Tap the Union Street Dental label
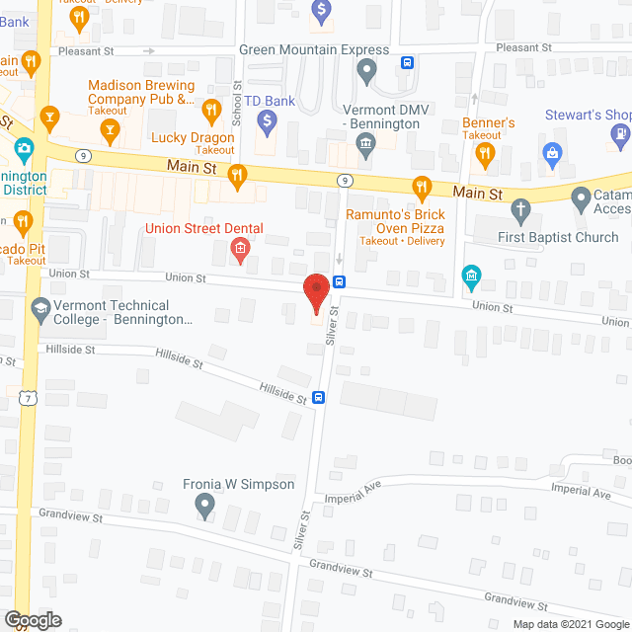(x=203, y=229)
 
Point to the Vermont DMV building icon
(x=365, y=148)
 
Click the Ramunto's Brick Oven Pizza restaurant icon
(x=422, y=187)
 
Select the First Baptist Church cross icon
(x=521, y=210)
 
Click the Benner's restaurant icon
(x=484, y=153)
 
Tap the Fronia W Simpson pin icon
(x=205, y=508)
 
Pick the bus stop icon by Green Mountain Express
(x=406, y=63)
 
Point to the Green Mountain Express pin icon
(x=366, y=71)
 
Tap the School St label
(x=237, y=101)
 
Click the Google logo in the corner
(x=33, y=619)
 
